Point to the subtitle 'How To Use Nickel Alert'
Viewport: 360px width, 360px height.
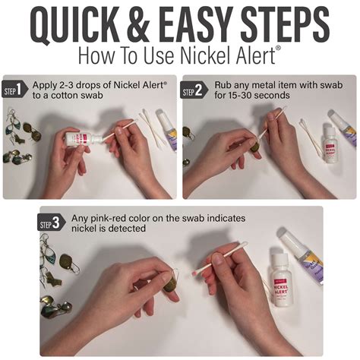[179, 56]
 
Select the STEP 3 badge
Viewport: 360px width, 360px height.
[51, 223]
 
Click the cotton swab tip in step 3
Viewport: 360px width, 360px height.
[197, 270]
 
